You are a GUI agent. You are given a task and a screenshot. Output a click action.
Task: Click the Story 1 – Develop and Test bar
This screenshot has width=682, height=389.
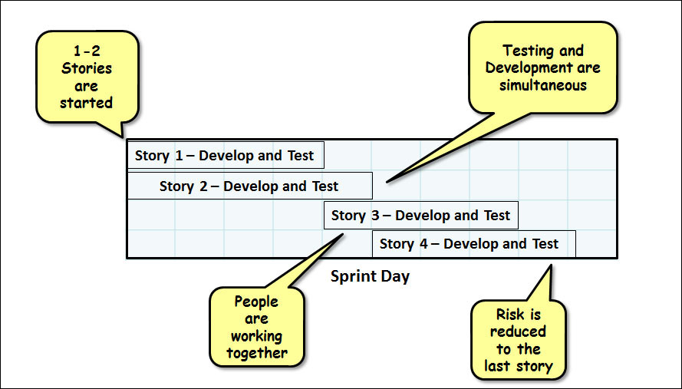pyautogui.click(x=225, y=155)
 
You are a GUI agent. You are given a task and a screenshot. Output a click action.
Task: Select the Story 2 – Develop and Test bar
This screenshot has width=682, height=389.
pyautogui.click(x=249, y=186)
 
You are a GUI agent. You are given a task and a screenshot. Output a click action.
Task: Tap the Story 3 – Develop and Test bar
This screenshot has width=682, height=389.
pyautogui.click(x=420, y=216)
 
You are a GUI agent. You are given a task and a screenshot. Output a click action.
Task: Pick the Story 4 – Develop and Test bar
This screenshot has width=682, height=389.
pyautogui.click(x=473, y=244)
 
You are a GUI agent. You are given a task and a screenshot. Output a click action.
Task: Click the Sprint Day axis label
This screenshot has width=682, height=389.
pyautogui.click(x=370, y=276)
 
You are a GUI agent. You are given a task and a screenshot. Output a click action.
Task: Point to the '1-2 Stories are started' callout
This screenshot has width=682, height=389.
pyautogui.click(x=87, y=76)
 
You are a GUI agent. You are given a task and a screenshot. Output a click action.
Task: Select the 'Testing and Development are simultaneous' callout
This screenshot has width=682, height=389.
pyautogui.click(x=542, y=68)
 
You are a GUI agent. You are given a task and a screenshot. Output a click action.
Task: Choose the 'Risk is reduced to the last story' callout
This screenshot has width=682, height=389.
pyautogui.click(x=518, y=340)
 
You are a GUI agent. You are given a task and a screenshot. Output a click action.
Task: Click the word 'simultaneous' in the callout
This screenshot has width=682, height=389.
pyautogui.click(x=542, y=85)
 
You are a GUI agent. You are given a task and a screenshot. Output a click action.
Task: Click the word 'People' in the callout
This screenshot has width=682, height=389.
pyautogui.click(x=256, y=302)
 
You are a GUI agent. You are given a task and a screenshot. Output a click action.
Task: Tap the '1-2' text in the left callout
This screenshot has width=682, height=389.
pyautogui.click(x=87, y=51)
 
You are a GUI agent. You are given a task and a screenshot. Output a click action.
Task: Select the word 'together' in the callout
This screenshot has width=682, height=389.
pyautogui.click(x=257, y=353)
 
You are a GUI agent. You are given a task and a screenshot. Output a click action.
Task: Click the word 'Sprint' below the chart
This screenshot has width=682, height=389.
pyautogui.click(x=349, y=276)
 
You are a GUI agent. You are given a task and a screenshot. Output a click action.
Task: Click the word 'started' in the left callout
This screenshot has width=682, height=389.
pyautogui.click(x=87, y=102)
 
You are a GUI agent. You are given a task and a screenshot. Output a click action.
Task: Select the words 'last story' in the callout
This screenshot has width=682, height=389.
pyautogui.click(x=518, y=366)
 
